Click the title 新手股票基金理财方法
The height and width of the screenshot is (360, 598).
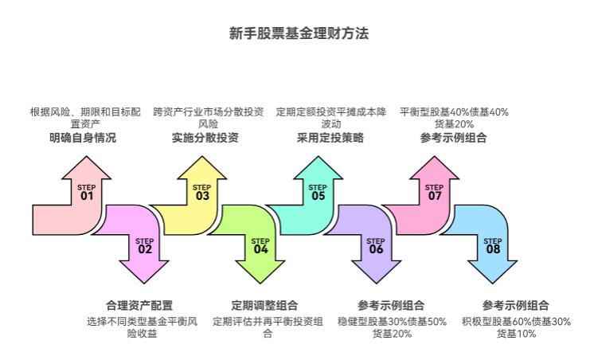tap(299, 33)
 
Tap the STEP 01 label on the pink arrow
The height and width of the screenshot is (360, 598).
tap(86, 193)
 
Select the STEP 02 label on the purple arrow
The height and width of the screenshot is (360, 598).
tap(144, 245)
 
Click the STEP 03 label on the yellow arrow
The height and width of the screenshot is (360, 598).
tap(202, 193)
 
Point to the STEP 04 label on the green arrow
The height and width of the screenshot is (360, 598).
tap(260, 245)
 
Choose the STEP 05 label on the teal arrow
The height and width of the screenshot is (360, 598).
tap(319, 193)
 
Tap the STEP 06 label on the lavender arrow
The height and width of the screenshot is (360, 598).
tap(376, 245)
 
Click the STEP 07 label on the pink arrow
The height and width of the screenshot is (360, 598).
tap(435, 193)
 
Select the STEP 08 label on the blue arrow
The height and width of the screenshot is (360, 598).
tap(493, 245)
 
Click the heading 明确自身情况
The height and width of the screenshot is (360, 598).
tap(82, 138)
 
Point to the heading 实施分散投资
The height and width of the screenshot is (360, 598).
tap(205, 138)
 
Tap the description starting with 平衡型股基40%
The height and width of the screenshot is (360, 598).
tap(454, 118)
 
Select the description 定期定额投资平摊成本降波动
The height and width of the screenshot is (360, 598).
tap(330, 118)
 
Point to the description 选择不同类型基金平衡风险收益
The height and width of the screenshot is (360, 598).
tap(142, 327)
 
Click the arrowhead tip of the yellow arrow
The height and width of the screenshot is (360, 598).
tap(202, 158)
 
